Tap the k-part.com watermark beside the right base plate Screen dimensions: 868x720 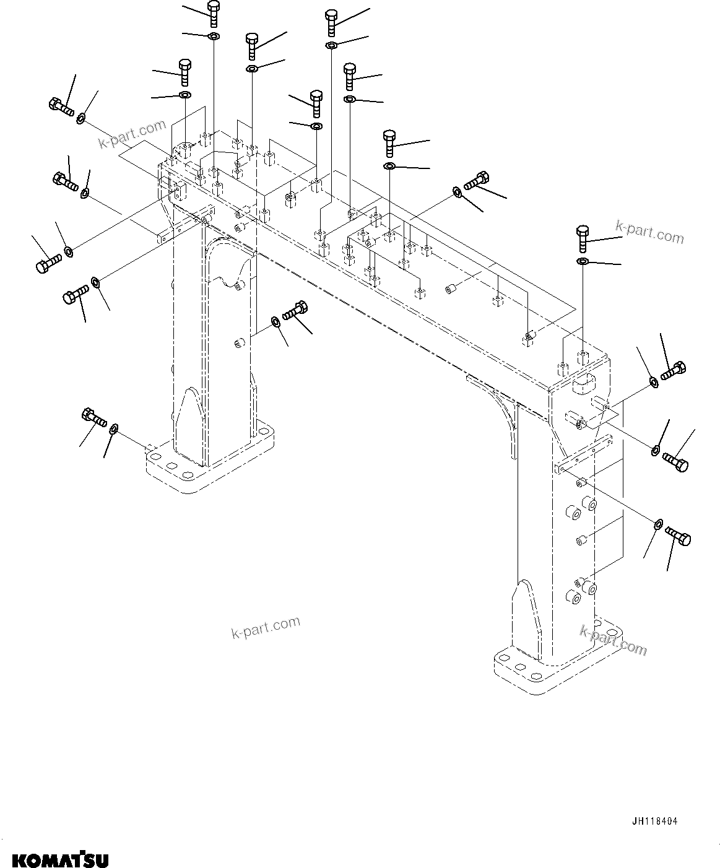pos(613,640)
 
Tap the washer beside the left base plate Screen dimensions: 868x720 pos(115,429)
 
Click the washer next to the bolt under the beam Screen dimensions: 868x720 pos(275,321)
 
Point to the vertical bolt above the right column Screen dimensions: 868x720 pos(583,238)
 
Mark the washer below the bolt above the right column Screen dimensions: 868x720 pos(583,263)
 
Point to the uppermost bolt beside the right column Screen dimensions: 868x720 pos(673,370)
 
